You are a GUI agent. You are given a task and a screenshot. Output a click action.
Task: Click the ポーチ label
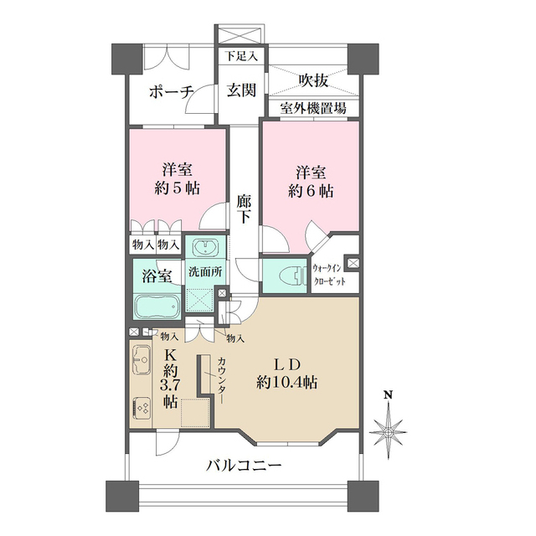(173, 91)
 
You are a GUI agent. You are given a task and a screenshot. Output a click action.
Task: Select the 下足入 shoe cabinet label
(242, 57)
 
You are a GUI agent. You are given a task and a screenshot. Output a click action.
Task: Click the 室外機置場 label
(312, 109)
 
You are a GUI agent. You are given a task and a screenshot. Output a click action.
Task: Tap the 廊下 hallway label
(244, 209)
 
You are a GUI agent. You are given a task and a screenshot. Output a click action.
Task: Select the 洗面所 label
(204, 272)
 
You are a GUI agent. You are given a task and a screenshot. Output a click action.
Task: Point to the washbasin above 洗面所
(204, 248)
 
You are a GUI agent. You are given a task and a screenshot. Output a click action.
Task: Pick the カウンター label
(221, 382)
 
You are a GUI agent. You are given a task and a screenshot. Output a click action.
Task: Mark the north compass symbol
(389, 429)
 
